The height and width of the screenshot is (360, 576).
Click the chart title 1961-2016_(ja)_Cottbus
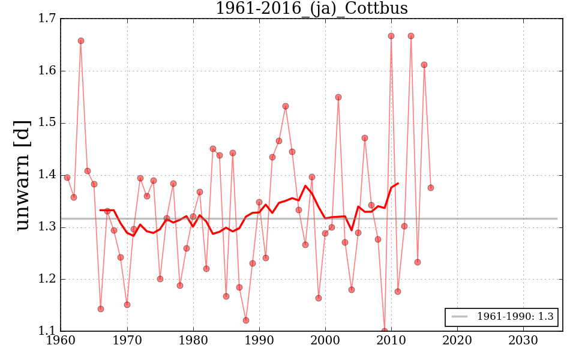pos(311,8)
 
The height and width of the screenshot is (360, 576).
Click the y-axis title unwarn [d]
pos(23,175)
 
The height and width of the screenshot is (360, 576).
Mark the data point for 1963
pos(81,41)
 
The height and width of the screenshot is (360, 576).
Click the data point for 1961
pos(67,178)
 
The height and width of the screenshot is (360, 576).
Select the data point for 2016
pos(431,188)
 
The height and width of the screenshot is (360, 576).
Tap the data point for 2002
pos(338,97)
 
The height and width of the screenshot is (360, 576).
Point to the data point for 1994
pos(286,106)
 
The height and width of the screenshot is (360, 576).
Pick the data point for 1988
pos(246,320)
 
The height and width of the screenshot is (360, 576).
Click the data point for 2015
pos(424,65)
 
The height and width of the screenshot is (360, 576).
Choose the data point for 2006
pos(365,138)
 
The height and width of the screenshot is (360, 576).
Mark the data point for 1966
pos(101,309)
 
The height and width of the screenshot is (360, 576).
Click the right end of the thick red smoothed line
pos(398,184)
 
